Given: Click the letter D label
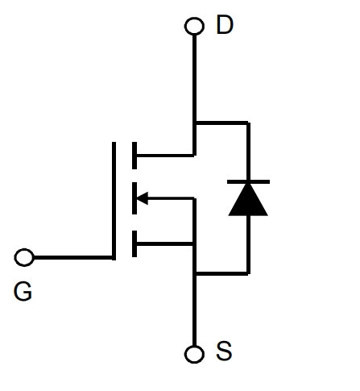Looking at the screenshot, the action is pyautogui.click(x=225, y=25).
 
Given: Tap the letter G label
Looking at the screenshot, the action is pyautogui.click(x=23, y=291).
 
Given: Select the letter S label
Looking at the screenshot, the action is pyautogui.click(x=224, y=351).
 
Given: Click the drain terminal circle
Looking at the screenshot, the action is pyautogui.click(x=194, y=26).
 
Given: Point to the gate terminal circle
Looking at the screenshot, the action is pyautogui.click(x=24, y=257).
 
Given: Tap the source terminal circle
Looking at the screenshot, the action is pyautogui.click(x=194, y=354).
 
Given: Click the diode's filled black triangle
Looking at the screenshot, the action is pyautogui.click(x=248, y=200).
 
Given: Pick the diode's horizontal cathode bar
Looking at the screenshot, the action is pyautogui.click(x=248, y=182).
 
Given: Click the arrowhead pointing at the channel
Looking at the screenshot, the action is pyautogui.click(x=143, y=198).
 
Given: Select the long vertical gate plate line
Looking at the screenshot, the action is pyautogui.click(x=114, y=201).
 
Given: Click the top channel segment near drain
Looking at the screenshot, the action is pyautogui.click(x=134, y=156).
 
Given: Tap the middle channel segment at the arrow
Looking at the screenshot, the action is pyautogui.click(x=134, y=198).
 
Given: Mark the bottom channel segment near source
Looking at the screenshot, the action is pyautogui.click(x=134, y=243).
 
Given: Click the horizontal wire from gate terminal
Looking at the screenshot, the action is pyautogui.click(x=73, y=257).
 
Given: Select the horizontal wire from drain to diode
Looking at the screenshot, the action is pyautogui.click(x=221, y=123).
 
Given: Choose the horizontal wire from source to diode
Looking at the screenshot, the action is pyautogui.click(x=221, y=273).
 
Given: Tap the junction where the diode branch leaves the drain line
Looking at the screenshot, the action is pyautogui.click(x=195, y=123).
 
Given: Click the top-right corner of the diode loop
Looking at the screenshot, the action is pyautogui.click(x=249, y=123).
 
